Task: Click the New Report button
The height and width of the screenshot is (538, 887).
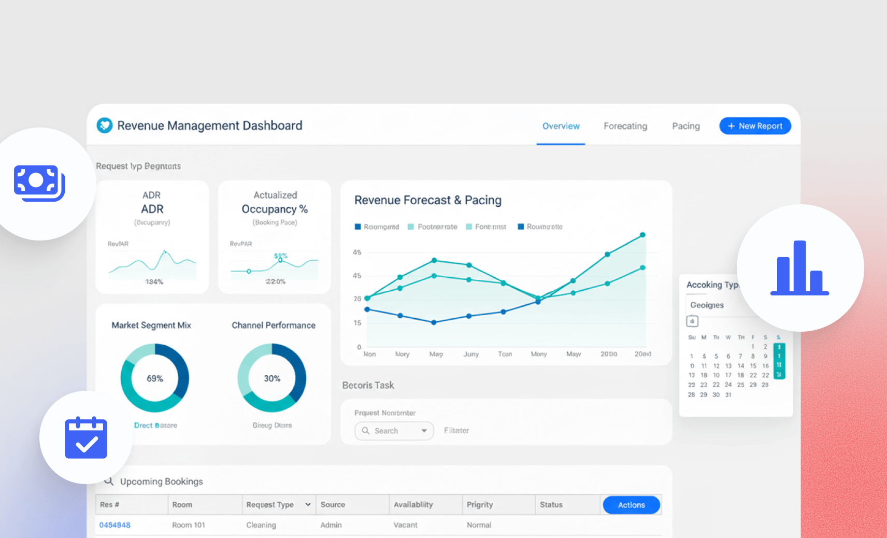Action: (x=755, y=126)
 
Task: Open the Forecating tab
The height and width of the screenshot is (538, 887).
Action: (x=625, y=126)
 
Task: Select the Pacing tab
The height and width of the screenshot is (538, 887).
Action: (x=685, y=126)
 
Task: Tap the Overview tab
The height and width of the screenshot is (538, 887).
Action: (x=561, y=126)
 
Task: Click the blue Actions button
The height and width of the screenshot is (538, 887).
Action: (x=631, y=505)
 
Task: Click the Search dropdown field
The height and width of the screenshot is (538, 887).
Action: (x=394, y=431)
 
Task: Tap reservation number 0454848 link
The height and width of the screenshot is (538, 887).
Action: (x=115, y=525)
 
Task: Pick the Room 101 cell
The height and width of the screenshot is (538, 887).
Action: (x=189, y=525)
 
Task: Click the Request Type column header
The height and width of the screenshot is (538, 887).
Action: (x=270, y=505)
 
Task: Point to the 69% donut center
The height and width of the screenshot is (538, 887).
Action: (x=155, y=378)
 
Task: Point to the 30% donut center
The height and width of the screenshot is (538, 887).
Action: (x=272, y=378)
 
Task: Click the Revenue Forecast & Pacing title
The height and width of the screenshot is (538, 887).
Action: (x=427, y=200)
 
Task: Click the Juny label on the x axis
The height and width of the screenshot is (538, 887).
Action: (x=471, y=354)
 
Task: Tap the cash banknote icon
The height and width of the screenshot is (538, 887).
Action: (x=39, y=183)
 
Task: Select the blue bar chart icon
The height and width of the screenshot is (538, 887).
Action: (x=799, y=268)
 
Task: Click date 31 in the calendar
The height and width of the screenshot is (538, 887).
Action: (x=728, y=395)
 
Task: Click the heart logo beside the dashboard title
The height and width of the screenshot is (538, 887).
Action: (x=105, y=125)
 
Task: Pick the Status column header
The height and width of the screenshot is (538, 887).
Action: (x=551, y=505)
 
